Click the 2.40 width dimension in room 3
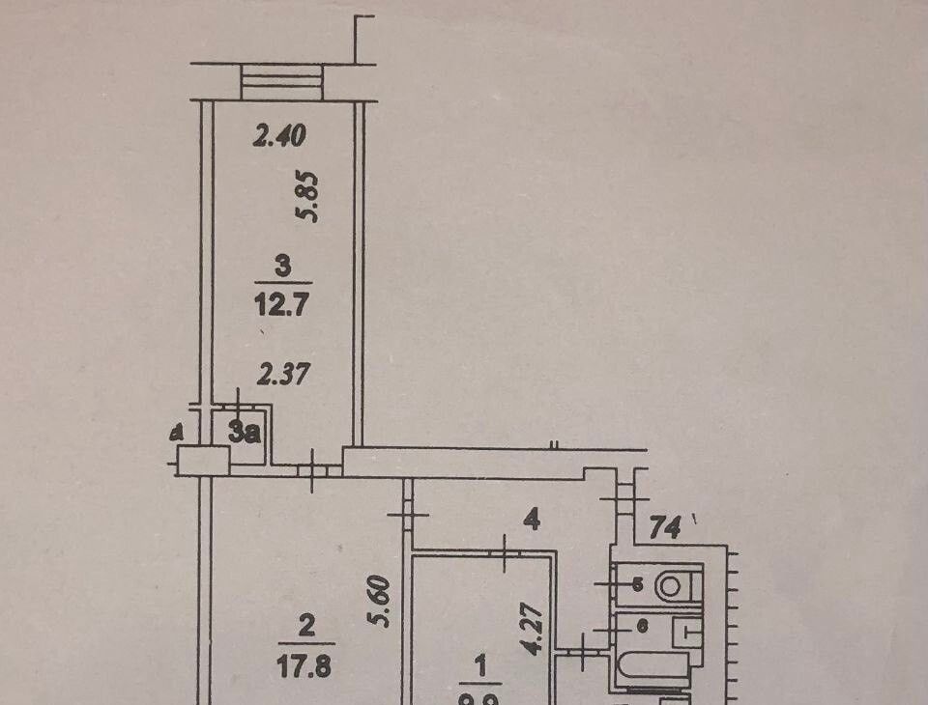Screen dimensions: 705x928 (278, 137)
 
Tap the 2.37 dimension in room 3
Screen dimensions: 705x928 (281, 373)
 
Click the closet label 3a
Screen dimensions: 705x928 (246, 434)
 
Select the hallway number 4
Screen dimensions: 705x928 (530, 521)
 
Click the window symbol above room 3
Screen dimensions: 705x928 (280, 81)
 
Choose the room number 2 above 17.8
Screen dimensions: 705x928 (306, 627)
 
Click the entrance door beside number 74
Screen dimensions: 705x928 (624, 497)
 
